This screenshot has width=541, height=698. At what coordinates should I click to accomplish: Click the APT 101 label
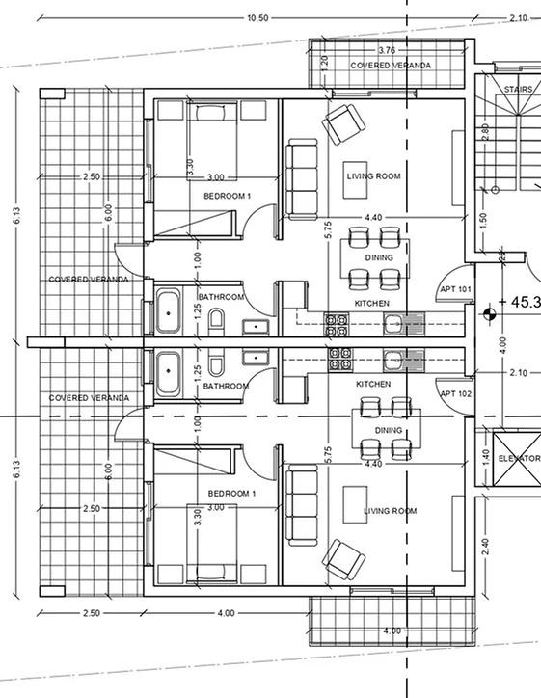tap(454, 289)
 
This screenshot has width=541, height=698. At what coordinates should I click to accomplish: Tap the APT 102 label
tap(454, 393)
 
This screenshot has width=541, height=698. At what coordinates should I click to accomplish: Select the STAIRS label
tap(519, 90)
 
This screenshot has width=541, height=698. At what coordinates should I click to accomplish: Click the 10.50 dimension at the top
tap(257, 17)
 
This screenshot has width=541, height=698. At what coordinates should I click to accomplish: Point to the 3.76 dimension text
tap(387, 50)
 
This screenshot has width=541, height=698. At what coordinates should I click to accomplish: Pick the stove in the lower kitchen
tap(339, 358)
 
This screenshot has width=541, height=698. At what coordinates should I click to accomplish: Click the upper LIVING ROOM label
tap(373, 177)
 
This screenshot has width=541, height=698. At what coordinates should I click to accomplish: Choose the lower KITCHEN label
tap(373, 384)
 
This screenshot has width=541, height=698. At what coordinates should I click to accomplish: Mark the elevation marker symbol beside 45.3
tap(490, 311)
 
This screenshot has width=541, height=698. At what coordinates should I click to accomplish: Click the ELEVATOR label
tap(519, 459)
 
